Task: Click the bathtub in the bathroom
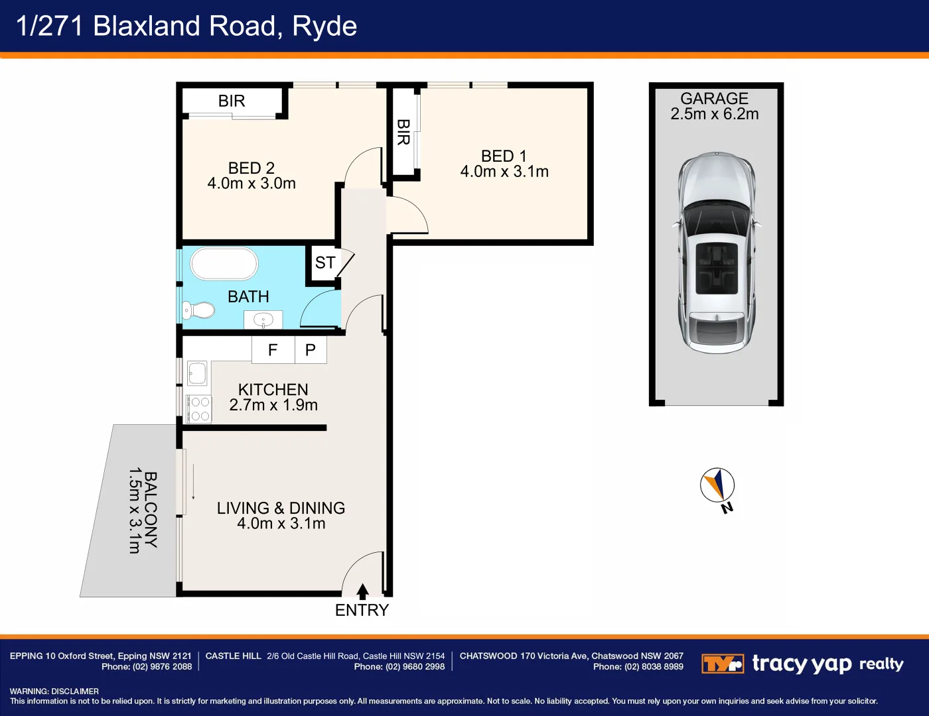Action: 224,264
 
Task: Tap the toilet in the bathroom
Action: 199,310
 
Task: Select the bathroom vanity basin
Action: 263,320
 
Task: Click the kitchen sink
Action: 197,373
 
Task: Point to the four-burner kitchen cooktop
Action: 198,408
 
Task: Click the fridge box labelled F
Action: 273,350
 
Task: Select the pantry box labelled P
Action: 310,350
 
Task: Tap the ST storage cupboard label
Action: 324,263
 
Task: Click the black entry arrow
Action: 362,591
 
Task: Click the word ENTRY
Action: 362,611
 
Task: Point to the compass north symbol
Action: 717,486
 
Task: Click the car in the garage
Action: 716,252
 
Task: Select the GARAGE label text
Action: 714,99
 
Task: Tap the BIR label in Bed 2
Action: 232,101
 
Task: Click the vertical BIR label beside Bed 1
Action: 403,132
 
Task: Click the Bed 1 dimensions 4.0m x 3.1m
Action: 504,172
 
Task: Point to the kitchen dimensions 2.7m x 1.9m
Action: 273,405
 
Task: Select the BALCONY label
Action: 151,509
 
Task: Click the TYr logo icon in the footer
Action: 722,664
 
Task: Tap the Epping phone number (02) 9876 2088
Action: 162,667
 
